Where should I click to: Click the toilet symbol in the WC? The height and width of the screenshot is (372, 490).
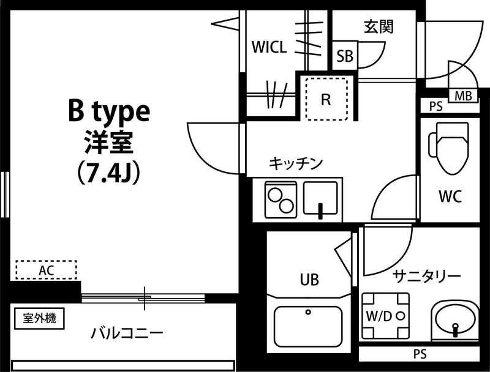448,147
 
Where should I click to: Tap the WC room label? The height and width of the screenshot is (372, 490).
450,197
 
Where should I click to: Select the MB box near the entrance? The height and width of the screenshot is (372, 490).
463,95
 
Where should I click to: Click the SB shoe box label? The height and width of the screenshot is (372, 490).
345,57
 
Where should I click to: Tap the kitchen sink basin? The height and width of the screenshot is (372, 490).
320,200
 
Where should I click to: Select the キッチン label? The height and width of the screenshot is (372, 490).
296,163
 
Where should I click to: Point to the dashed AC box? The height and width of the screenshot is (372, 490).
46,270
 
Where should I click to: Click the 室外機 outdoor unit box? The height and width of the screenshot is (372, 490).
39,319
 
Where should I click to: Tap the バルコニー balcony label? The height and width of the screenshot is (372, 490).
127,333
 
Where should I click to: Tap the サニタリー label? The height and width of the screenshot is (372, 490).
427,276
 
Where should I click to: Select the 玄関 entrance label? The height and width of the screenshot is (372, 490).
378,26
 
